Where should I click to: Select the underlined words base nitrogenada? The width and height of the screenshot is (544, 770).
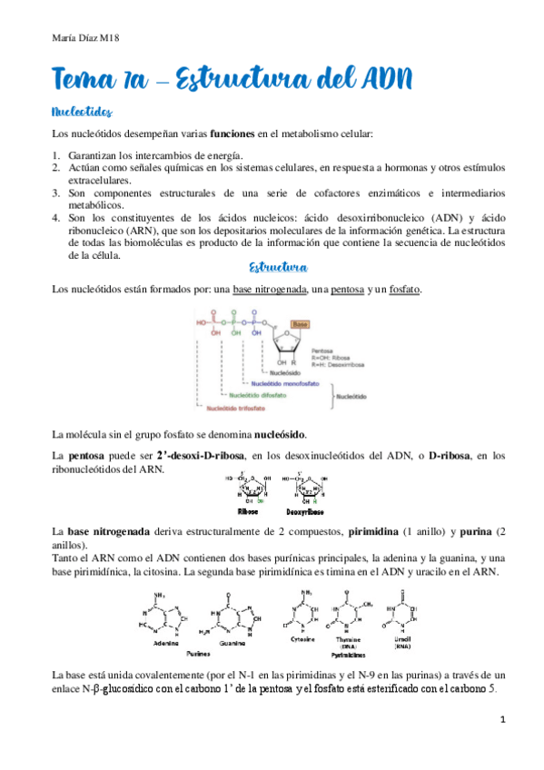pos(268,289)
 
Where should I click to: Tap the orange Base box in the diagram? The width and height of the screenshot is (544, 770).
pos(301,323)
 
